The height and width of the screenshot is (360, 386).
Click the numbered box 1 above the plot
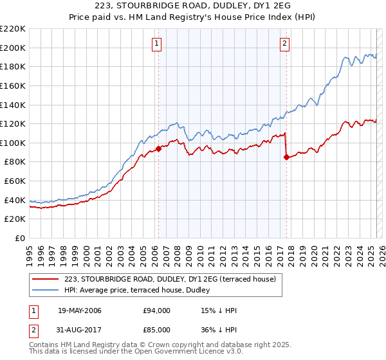click(x=157, y=44)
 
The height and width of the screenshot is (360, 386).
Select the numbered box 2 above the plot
click(x=284, y=44)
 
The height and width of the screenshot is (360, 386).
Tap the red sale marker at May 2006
click(x=158, y=149)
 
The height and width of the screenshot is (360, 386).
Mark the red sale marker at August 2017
click(x=286, y=157)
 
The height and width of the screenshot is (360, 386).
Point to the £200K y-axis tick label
click(x=13, y=48)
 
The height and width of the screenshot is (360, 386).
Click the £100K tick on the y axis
click(x=13, y=143)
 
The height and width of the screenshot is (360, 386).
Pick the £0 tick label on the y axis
click(x=20, y=238)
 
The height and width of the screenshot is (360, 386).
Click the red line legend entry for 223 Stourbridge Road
click(x=170, y=278)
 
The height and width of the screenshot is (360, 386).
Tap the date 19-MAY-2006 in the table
click(x=80, y=310)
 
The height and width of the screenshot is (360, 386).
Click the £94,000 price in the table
click(x=157, y=310)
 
